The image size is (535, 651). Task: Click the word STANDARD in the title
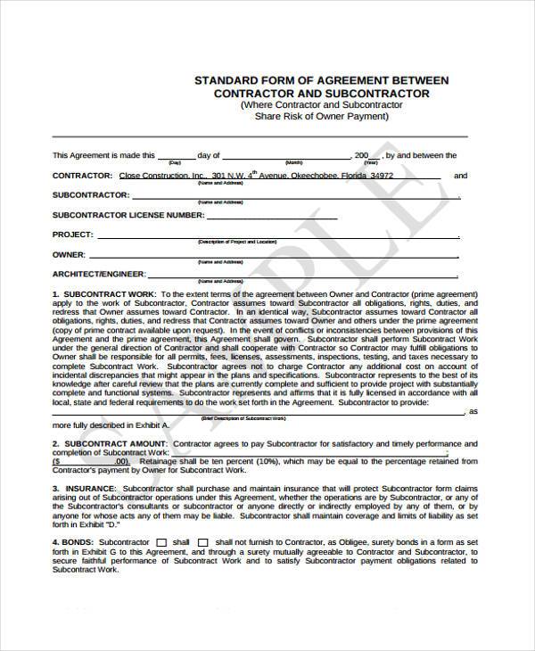coord(224,80)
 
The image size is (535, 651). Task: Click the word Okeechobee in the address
coord(310,177)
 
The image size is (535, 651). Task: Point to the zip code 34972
coord(382,177)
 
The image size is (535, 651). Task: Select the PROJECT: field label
coord(72,235)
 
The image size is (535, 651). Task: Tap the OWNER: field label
coord(69,253)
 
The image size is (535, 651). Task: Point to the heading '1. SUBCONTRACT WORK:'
coord(103,293)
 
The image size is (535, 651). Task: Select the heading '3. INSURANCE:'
coord(84,490)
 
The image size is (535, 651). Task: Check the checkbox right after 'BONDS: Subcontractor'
coord(161,542)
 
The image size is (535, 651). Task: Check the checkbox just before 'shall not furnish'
coord(202,542)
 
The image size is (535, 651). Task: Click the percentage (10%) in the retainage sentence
coord(272,461)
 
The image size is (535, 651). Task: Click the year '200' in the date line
coord(361,155)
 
